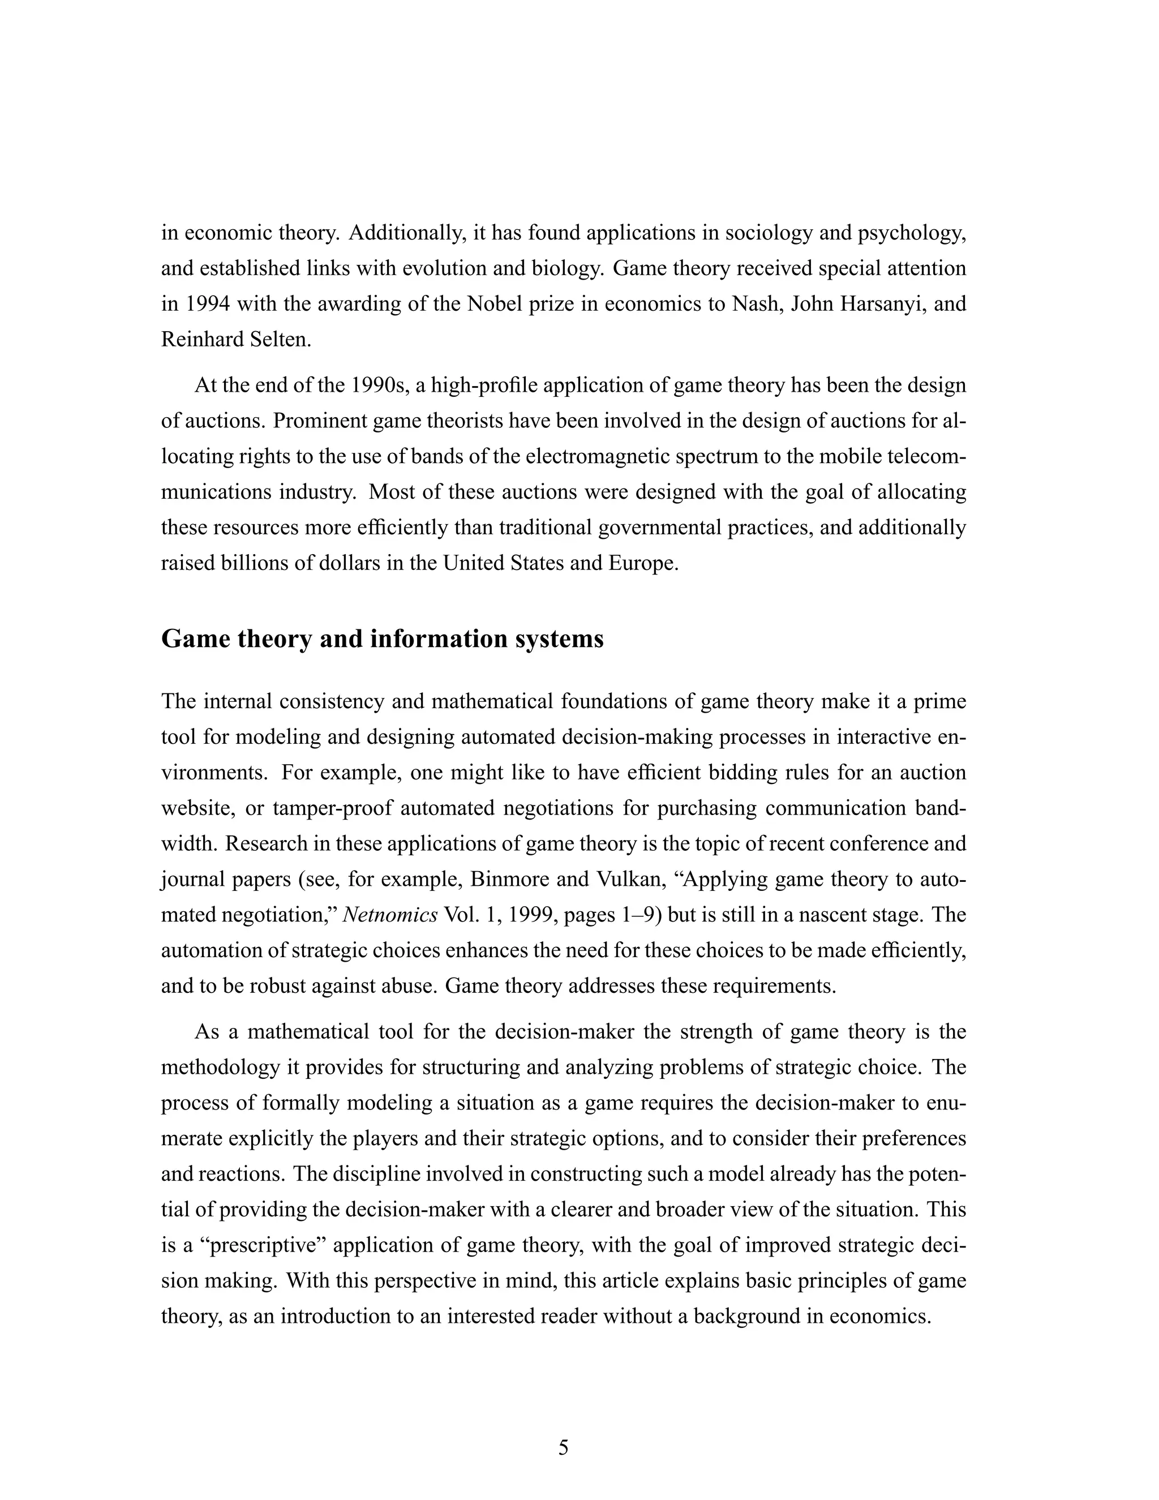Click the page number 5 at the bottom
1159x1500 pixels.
[x=563, y=1448]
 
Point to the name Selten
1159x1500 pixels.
[x=277, y=339]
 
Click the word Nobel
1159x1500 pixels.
[x=498, y=303]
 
